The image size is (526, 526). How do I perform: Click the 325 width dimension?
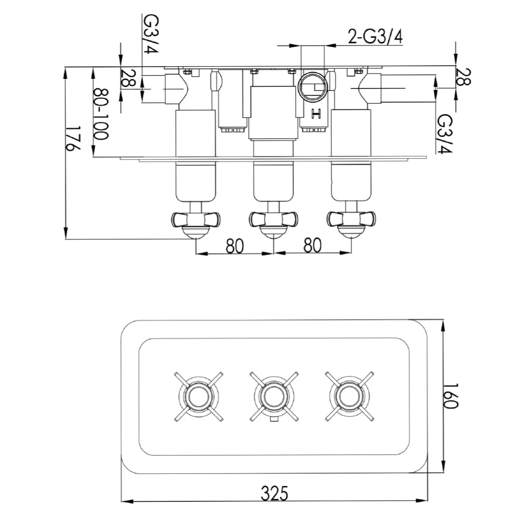[275, 493]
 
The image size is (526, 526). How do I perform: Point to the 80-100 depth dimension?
[100, 113]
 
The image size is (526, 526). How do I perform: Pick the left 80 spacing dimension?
[235, 246]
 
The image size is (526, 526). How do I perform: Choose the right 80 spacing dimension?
[313, 246]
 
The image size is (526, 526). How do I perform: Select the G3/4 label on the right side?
[445, 134]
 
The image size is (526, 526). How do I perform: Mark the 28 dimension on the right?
[463, 77]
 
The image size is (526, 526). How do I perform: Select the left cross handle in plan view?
[196, 396]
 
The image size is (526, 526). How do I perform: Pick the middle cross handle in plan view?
[272, 396]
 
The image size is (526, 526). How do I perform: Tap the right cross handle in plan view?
[347, 396]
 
